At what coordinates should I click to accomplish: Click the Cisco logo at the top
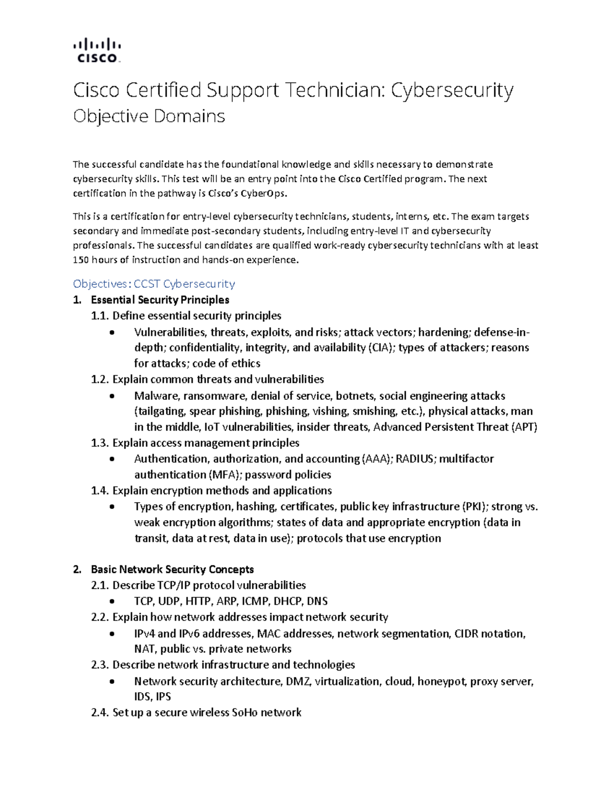pyautogui.click(x=97, y=50)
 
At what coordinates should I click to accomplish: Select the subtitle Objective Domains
pyautogui.click(x=149, y=116)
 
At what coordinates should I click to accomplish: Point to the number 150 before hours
pyautogui.click(x=81, y=260)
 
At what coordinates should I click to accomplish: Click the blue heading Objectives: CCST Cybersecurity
pyautogui.click(x=154, y=284)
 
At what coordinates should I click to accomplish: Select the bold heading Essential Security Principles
pyautogui.click(x=160, y=299)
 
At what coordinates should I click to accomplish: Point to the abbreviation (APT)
pyautogui.click(x=524, y=427)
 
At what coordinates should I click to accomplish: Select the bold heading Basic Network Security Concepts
pyautogui.click(x=172, y=569)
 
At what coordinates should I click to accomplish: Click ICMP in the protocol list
pyautogui.click(x=255, y=601)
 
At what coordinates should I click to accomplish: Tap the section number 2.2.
pyautogui.click(x=100, y=617)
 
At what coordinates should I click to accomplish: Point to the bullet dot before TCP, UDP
pyautogui.click(x=113, y=601)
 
